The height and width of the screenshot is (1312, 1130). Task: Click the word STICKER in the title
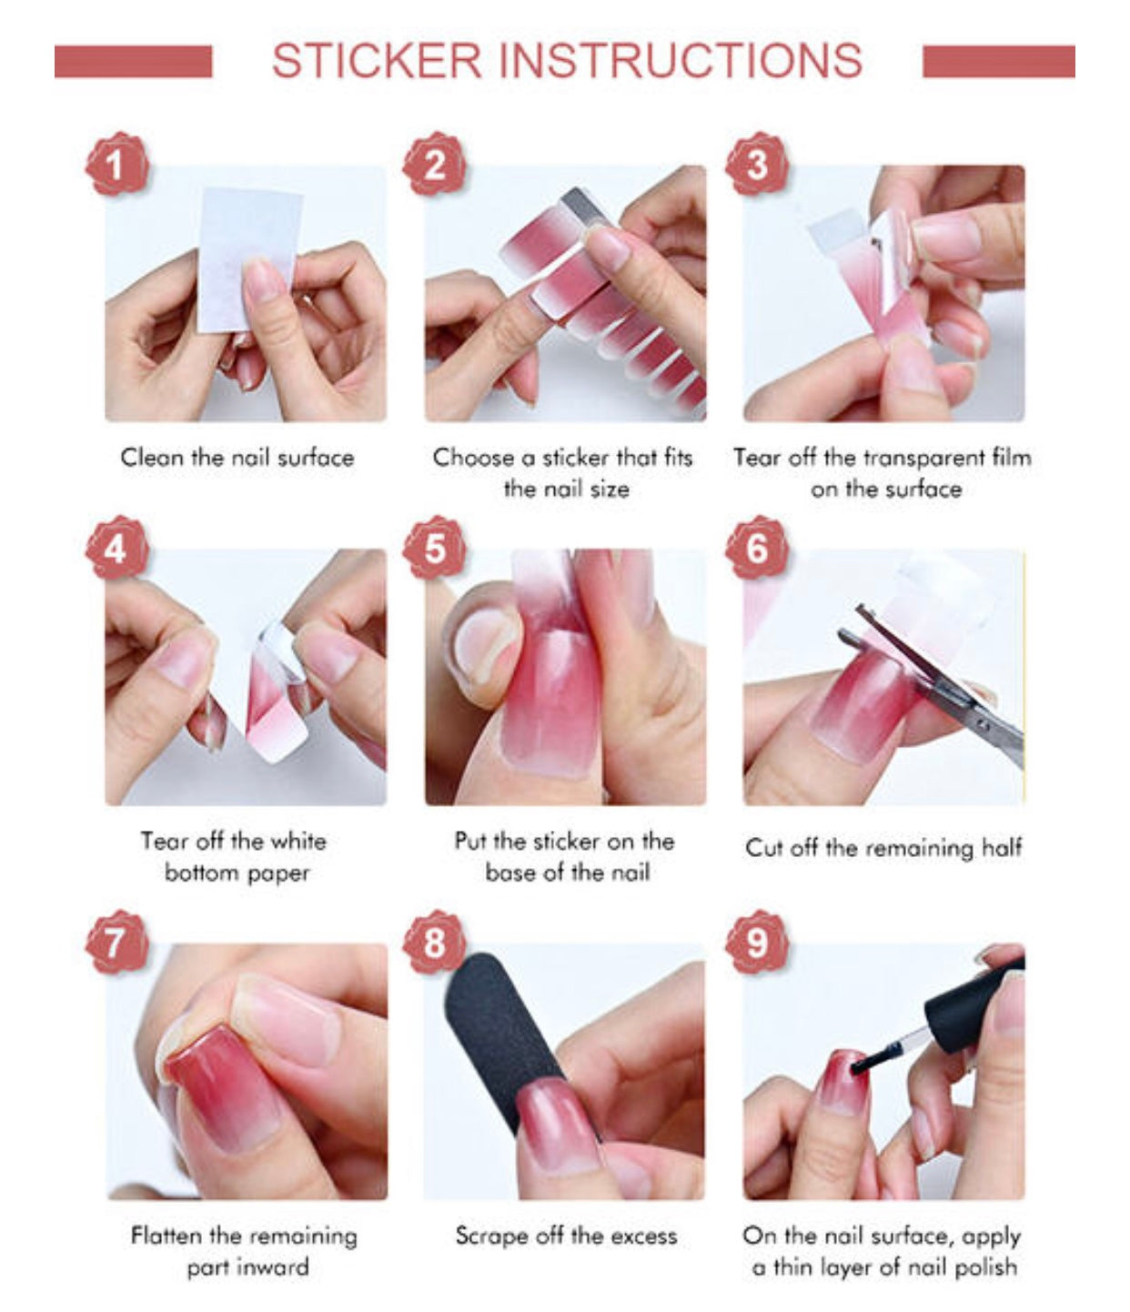(377, 61)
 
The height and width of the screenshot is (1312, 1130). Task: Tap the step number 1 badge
(116, 165)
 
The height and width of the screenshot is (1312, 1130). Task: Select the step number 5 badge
(434, 548)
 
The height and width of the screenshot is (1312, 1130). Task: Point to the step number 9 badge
(757, 944)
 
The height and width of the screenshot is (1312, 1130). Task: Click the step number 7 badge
(116, 944)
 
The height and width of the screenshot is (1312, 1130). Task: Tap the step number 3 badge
(757, 165)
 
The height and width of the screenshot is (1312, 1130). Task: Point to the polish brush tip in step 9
(858, 1067)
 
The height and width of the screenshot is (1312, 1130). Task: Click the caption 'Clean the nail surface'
(237, 458)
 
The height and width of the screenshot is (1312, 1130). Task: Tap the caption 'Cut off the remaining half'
(883, 848)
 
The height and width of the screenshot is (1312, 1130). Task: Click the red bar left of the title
(134, 62)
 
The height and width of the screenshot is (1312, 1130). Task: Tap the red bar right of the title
(999, 62)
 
